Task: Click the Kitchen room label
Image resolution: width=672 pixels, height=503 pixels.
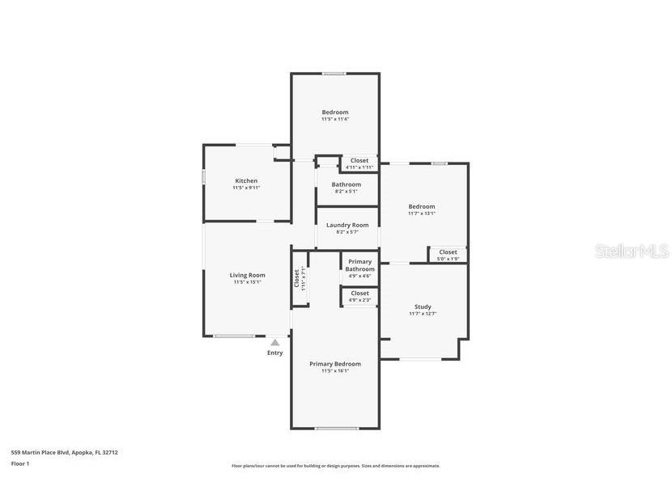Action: coord(246,181)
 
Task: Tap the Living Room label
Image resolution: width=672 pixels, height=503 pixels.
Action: coord(247,275)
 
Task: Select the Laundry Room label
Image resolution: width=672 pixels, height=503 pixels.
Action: coord(347,225)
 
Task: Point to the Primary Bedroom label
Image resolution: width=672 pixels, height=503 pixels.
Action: coord(335,364)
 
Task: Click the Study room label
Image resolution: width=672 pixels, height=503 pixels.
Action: coord(423,306)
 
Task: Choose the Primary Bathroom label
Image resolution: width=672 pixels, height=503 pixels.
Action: coord(360,265)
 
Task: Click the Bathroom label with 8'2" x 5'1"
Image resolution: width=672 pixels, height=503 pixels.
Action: coord(347,184)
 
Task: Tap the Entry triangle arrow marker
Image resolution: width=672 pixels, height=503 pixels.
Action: coord(275,342)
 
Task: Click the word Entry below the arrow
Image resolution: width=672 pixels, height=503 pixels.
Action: coord(275,353)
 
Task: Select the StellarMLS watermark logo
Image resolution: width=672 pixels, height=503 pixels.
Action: coord(632,251)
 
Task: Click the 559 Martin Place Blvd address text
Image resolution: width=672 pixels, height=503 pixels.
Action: coord(64,453)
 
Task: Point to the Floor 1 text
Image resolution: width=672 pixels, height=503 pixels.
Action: coord(20,464)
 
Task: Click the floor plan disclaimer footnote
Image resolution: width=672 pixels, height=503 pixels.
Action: coord(336,466)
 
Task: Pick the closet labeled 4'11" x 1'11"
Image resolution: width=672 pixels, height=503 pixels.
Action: coord(359,160)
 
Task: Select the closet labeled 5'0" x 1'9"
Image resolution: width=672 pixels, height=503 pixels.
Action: coord(448,252)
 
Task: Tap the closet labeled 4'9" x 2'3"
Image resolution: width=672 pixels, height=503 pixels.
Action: coord(359,294)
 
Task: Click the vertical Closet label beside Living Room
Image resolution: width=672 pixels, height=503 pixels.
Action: coord(296,279)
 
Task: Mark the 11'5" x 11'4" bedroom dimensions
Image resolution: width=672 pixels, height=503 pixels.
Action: coord(335,120)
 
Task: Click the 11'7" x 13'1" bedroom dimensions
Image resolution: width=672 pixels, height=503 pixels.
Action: coord(421,213)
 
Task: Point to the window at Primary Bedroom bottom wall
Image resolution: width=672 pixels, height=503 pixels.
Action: coord(336,428)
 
